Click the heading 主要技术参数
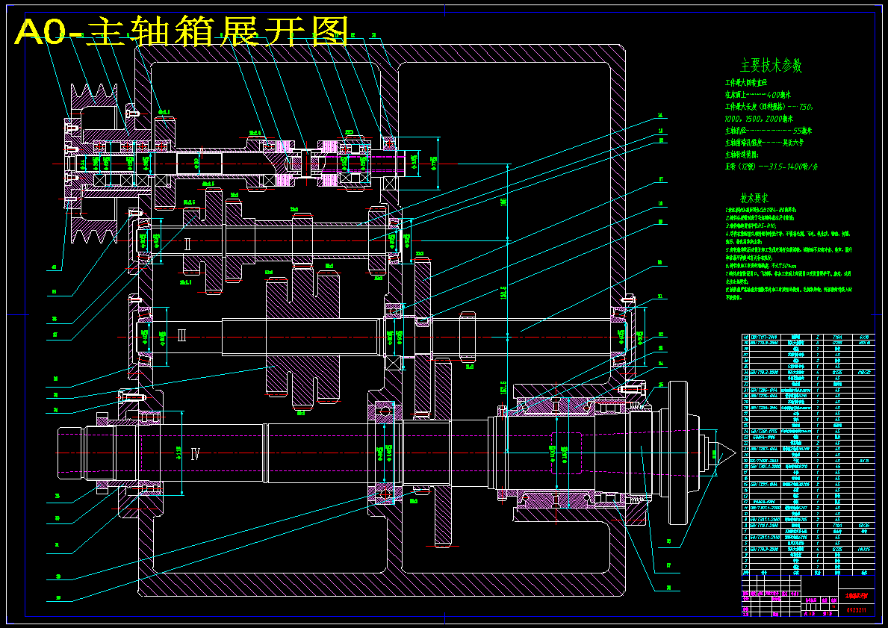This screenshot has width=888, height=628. click(771, 66)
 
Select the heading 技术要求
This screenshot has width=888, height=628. click(754, 199)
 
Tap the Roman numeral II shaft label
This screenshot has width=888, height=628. click(187, 243)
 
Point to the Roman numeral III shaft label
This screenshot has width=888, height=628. click(181, 335)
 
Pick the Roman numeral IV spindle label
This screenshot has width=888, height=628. click(196, 453)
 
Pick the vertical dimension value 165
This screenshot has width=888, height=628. click(503, 202)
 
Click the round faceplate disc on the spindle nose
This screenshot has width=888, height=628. click(677, 453)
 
